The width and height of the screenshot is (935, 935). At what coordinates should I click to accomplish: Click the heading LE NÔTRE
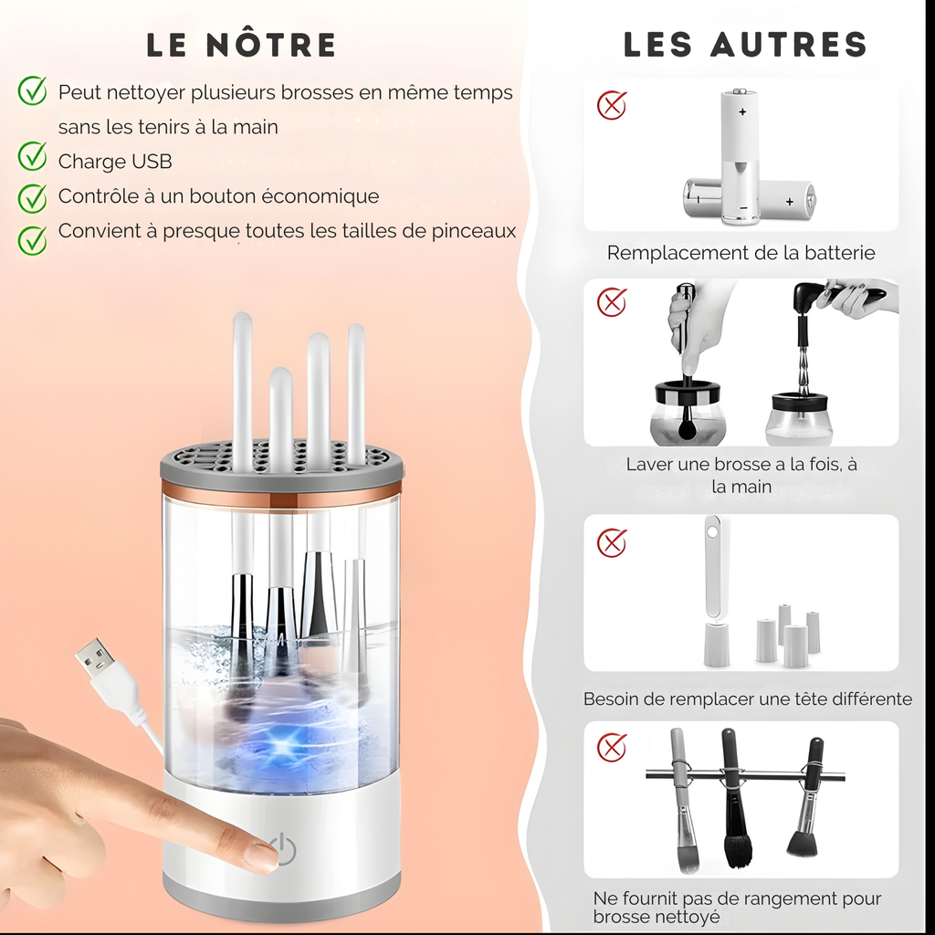pyautogui.click(x=241, y=45)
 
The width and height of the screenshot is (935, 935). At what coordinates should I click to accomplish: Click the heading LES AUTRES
pyautogui.click(x=745, y=45)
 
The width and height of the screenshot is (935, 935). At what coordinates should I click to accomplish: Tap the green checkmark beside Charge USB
pyautogui.click(x=33, y=157)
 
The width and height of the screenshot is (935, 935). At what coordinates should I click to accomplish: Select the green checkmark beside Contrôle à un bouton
pyautogui.click(x=33, y=197)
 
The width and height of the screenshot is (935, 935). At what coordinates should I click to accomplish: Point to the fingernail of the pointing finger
pyautogui.click(x=263, y=856)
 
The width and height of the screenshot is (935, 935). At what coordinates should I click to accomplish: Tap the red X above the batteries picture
pyautogui.click(x=612, y=106)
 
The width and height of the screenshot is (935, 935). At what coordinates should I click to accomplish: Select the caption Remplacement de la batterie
pyautogui.click(x=741, y=253)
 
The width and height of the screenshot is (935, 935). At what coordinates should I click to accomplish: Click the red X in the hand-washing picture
pyautogui.click(x=612, y=300)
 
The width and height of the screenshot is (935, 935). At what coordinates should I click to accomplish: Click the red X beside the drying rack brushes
pyautogui.click(x=612, y=747)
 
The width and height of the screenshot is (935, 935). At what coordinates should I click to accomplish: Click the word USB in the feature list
pyautogui.click(x=152, y=162)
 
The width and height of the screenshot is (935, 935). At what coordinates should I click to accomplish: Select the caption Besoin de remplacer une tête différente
pyautogui.click(x=747, y=699)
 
